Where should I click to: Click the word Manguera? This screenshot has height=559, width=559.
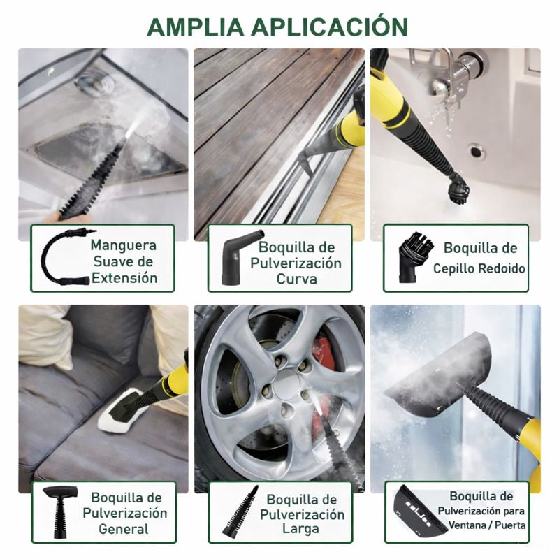pos(123,245)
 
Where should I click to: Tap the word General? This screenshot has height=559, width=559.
pos(124,529)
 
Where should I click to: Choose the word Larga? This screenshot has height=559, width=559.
pos(301,529)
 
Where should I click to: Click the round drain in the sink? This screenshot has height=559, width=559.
pos(478,150)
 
